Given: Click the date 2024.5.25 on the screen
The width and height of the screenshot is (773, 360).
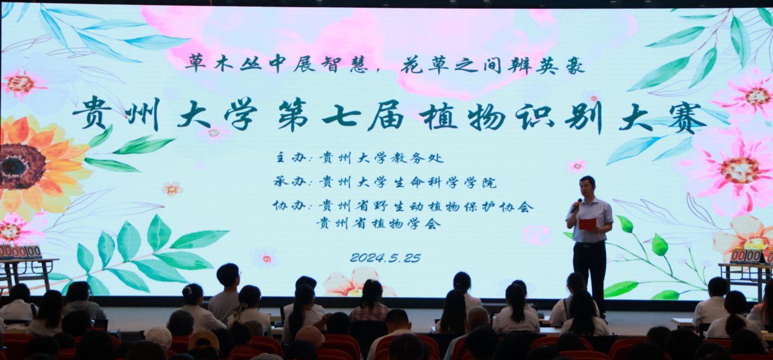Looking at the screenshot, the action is point(385,258).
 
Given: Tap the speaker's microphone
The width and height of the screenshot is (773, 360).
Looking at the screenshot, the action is point(576,206).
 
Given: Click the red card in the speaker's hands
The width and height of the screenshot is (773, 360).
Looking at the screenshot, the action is point(587,224).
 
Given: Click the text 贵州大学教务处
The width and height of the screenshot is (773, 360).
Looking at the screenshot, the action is point(381,158).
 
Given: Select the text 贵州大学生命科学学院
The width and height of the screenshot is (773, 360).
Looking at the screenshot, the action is point(408,182).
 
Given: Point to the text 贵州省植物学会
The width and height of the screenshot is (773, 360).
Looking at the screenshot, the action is point(378,224).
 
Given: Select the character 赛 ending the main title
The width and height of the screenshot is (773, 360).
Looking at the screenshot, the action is point(687,118).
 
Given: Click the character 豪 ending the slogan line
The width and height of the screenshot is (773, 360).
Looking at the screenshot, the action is point(574,65).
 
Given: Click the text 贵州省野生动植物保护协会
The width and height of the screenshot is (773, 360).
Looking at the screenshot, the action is point(426,206).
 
